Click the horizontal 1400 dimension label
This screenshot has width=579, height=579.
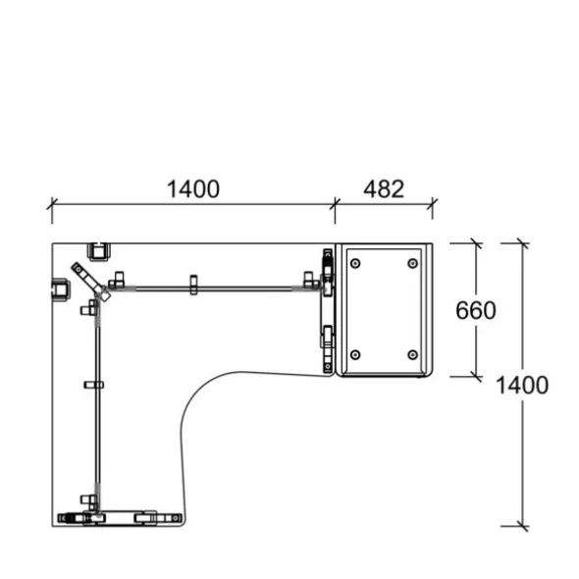coord(193,189)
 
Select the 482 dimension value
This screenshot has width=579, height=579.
coord(384,189)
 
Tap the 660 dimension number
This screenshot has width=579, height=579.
coord(476,310)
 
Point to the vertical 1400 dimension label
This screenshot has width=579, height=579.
coord(522,385)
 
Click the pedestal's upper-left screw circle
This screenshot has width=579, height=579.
coord(355,263)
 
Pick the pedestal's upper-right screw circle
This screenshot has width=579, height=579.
coord(413,263)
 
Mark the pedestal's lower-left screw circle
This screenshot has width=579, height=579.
coord(355,355)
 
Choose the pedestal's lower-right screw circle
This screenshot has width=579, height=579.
coord(413,355)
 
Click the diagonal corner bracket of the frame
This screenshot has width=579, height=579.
coord(90,282)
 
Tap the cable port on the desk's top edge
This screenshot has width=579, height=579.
coord(98,251)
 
